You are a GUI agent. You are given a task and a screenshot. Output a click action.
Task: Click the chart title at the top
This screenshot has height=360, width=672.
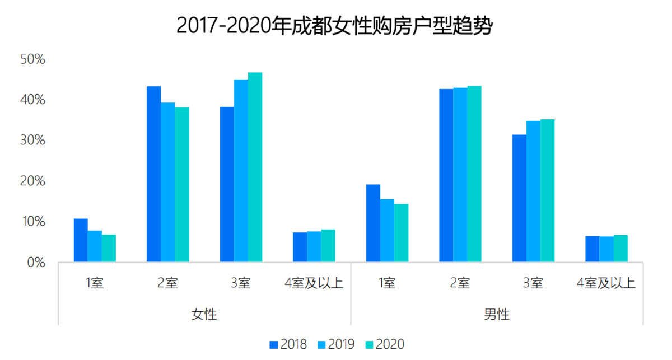(334, 26)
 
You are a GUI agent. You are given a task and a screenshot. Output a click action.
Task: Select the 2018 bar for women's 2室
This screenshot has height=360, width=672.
(153, 174)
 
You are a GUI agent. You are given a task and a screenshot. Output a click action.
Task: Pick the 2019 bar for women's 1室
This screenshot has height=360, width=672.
(95, 246)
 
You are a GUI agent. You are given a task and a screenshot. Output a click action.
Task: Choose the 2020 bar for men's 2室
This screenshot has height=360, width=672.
(474, 174)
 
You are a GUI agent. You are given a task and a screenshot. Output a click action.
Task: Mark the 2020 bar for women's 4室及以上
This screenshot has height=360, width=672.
(328, 246)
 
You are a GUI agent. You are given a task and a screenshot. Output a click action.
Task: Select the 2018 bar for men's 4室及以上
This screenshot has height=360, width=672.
(592, 249)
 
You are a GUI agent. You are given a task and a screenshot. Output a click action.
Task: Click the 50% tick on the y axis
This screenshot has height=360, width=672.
(32, 59)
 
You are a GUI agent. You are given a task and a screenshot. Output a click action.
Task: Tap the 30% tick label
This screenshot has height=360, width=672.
(32, 140)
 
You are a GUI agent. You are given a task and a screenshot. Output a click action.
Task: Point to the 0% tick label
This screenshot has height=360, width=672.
(35, 262)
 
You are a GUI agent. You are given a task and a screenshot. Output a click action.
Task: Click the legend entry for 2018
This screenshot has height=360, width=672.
(288, 344)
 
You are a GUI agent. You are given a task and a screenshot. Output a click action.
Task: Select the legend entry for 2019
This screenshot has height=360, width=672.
(336, 344)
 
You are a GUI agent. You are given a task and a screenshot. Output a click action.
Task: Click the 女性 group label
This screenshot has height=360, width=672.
(204, 314)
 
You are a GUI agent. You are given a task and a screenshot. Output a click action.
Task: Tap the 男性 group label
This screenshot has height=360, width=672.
(496, 314)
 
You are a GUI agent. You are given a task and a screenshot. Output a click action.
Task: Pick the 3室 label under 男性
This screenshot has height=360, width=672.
(533, 283)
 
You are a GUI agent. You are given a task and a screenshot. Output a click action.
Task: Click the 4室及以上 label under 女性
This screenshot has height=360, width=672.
(314, 283)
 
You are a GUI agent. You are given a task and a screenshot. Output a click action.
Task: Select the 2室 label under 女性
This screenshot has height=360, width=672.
(167, 283)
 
